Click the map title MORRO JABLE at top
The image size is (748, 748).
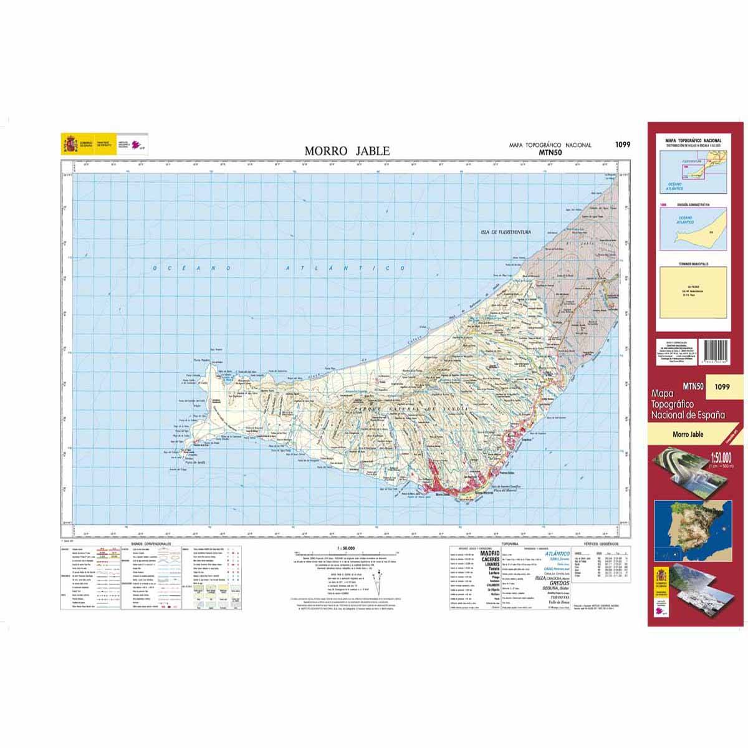point(347,151)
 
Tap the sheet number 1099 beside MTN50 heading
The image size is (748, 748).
point(622,145)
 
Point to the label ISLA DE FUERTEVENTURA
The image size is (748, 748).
point(505,232)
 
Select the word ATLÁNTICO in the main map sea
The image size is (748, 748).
point(340,268)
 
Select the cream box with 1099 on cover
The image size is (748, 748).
point(723,387)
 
